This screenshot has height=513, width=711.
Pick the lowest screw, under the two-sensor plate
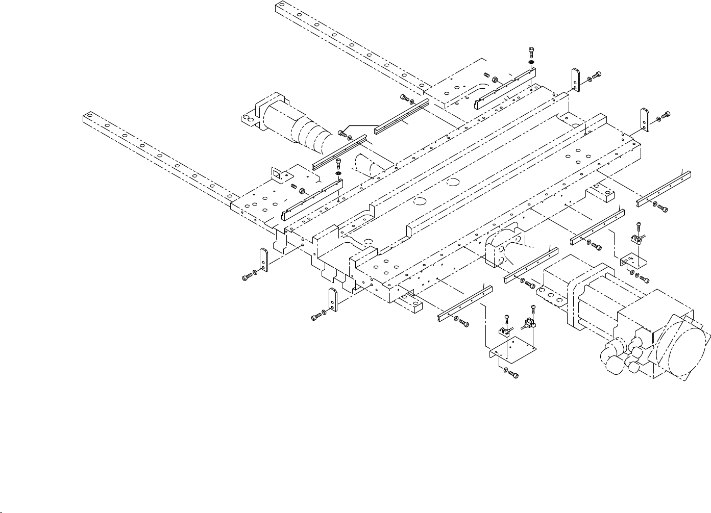pyautogui.click(x=514, y=376)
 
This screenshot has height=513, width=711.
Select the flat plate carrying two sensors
pyautogui.click(x=513, y=348)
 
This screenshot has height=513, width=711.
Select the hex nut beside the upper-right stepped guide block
pyautogui.click(x=495, y=80)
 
